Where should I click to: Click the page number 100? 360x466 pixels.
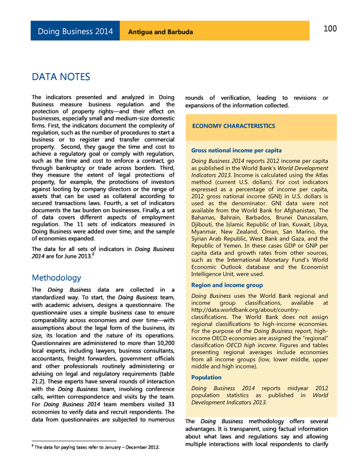(x=330, y=29)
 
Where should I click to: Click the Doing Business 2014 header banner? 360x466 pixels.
(x=75, y=31)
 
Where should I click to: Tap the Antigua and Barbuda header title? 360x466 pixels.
(x=161, y=32)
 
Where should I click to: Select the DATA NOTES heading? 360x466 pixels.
(x=61, y=77)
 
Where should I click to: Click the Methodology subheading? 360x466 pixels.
(x=56, y=277)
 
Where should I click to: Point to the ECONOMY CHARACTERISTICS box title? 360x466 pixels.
(x=233, y=126)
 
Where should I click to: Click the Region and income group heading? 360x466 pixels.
(x=227, y=285)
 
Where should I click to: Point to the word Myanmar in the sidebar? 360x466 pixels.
(x=205, y=232)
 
